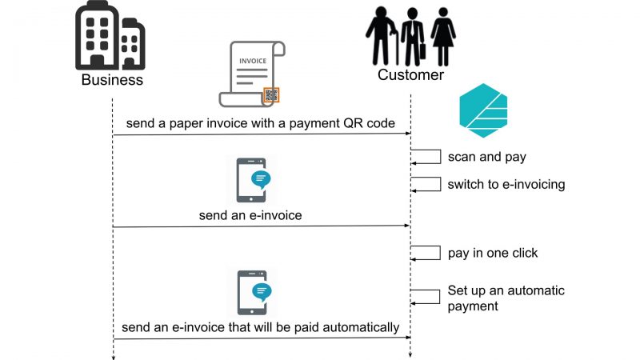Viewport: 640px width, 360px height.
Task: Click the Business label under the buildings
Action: coord(112,80)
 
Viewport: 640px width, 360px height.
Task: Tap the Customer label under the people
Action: coord(411,75)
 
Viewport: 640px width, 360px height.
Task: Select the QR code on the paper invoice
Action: coord(272,95)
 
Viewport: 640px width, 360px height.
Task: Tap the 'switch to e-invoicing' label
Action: coord(506,185)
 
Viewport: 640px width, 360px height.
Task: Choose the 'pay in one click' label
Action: coord(493,253)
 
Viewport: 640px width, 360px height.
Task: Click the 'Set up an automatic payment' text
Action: coord(506,298)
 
